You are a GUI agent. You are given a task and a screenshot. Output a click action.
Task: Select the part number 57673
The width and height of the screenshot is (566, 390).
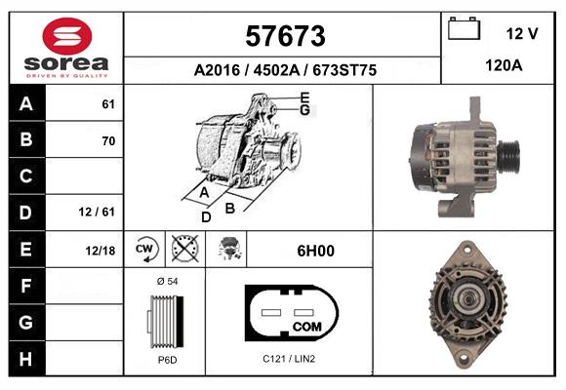point(283,36)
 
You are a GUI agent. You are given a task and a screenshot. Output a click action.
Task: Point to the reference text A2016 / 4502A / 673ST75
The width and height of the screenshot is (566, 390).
point(283,70)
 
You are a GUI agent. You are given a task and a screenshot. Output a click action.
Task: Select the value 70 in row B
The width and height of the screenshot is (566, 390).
point(107,140)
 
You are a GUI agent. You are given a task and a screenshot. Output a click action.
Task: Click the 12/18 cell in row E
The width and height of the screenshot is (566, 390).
point(101,250)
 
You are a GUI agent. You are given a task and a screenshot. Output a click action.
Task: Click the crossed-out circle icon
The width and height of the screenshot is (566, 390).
point(183,250)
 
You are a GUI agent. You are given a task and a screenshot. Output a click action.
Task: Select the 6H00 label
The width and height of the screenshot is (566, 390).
point(315,251)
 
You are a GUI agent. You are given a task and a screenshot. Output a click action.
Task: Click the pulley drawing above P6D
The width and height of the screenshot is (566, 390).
point(164,320)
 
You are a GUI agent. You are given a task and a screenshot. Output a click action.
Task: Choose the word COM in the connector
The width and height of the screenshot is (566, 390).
point(306,325)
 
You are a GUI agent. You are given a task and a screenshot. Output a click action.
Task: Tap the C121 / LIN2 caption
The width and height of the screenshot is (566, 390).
point(289,360)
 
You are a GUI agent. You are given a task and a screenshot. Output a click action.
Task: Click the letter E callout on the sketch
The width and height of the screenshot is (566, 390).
point(304,97)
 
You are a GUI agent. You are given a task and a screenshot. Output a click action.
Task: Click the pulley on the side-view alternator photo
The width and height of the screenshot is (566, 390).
point(509,153)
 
